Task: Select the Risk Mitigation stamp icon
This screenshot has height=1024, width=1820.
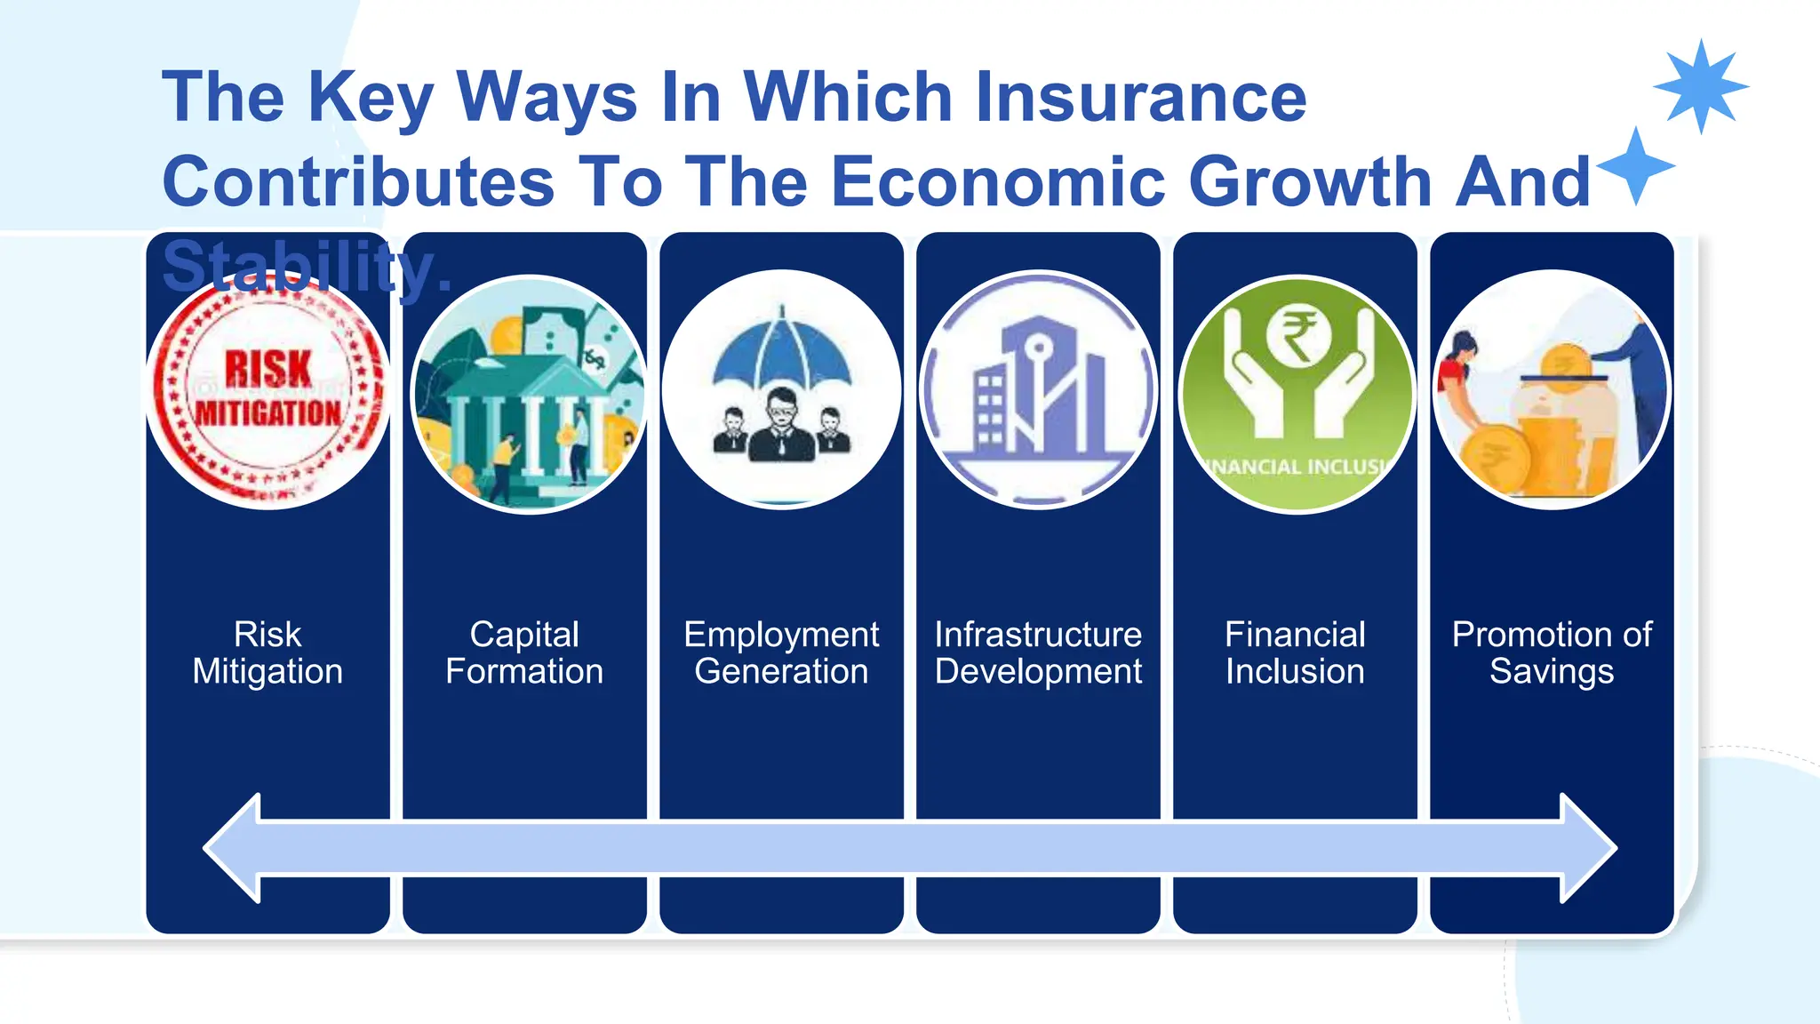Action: point(268,392)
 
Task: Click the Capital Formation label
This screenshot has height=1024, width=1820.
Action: point(524,653)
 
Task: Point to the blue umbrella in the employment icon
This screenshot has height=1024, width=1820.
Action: point(781,352)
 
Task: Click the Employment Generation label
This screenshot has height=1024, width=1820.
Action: point(781,653)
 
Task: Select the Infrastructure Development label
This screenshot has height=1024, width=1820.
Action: point(1038,653)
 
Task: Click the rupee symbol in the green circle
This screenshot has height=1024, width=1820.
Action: point(1297,336)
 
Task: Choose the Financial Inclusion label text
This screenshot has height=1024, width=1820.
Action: point(1295,653)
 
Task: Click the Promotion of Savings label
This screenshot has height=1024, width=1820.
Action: point(1552,653)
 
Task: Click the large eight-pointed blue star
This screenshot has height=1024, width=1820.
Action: point(1700,87)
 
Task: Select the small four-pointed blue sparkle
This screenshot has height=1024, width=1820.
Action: point(1636,166)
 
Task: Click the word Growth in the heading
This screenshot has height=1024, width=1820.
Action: point(1310,182)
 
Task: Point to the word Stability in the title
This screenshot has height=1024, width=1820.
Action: point(307,267)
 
